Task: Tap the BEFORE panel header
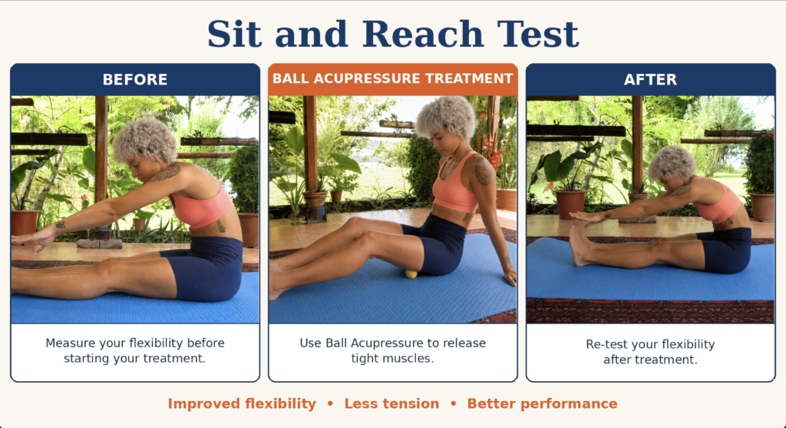(x=135, y=79)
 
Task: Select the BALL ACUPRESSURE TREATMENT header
(x=392, y=79)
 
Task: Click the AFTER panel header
(x=650, y=79)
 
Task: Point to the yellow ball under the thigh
(x=411, y=274)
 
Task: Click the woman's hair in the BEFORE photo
(x=145, y=140)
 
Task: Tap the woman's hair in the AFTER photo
(x=672, y=163)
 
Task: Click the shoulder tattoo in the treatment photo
(x=484, y=171)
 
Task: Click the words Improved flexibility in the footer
(x=242, y=403)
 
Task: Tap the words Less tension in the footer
(x=391, y=403)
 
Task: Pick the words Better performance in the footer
(x=542, y=403)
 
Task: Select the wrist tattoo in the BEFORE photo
(x=61, y=224)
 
